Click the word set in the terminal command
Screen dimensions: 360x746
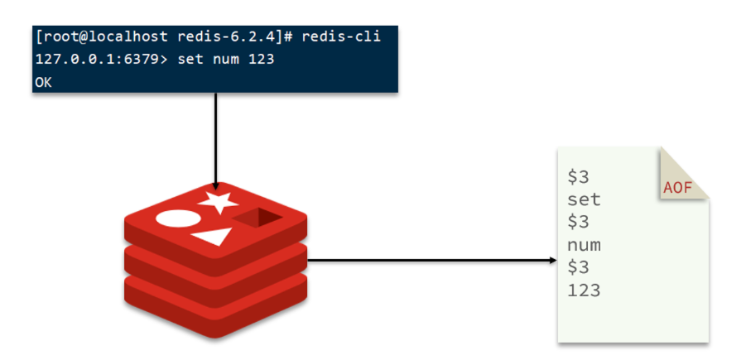[190, 60]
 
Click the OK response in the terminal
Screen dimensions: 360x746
[43, 82]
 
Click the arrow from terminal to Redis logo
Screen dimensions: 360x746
[215, 141]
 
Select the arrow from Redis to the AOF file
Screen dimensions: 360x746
[431, 261]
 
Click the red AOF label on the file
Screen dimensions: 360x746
[677, 188]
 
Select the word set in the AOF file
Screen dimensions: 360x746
[584, 199]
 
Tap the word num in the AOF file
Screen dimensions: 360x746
[584, 245]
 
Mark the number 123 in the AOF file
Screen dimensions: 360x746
[584, 290]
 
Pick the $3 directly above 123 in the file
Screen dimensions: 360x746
[578, 267]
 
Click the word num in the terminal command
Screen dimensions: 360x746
[226, 60]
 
